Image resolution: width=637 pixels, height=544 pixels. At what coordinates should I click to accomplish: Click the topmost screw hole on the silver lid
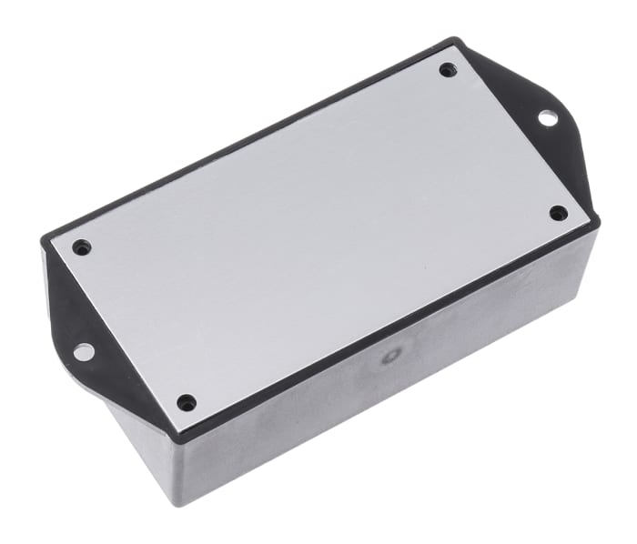[447, 69]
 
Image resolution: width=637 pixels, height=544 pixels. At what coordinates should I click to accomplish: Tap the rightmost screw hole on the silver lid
[559, 213]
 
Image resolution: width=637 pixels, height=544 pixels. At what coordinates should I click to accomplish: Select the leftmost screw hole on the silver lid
[82, 246]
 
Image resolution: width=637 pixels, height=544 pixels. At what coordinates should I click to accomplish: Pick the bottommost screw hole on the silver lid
[186, 401]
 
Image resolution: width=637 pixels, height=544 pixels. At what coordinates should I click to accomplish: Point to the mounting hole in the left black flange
[83, 349]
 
